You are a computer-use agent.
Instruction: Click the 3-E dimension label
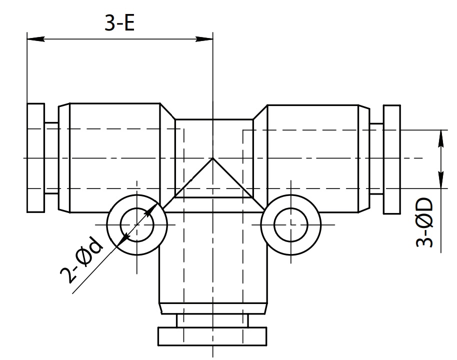click(119, 22)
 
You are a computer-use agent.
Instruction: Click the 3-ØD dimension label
click(424, 222)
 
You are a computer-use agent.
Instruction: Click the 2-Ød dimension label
click(81, 259)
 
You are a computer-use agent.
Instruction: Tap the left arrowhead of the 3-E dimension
click(35, 39)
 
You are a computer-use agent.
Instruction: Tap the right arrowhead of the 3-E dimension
click(204, 39)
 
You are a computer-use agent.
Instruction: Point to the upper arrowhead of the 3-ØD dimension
click(441, 139)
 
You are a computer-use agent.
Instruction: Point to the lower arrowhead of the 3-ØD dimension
click(441, 179)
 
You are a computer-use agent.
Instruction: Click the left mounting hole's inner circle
click(136, 208)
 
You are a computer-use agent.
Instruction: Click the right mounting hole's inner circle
click(290, 208)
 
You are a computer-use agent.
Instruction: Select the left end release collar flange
click(35, 157)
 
